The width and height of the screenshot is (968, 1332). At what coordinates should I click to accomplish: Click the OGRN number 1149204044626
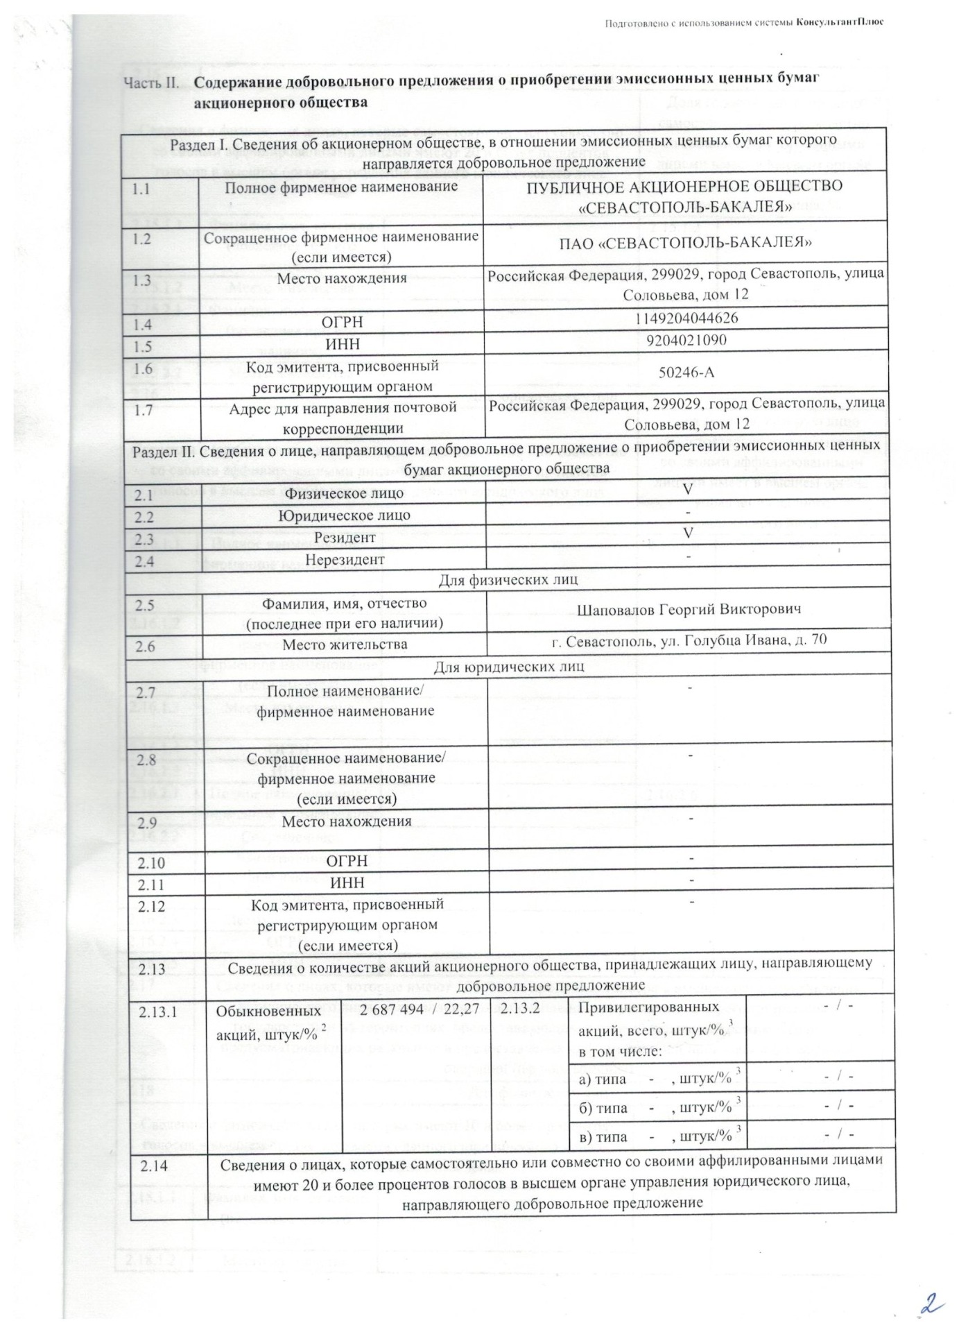pyautogui.click(x=686, y=318)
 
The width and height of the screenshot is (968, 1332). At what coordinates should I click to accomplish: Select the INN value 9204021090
pyautogui.click(x=686, y=340)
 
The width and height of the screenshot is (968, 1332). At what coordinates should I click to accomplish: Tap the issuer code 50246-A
pyautogui.click(x=686, y=373)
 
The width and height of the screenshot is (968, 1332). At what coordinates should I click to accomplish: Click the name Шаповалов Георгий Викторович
pyautogui.click(x=689, y=610)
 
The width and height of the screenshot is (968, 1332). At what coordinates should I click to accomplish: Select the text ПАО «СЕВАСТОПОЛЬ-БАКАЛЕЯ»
pyautogui.click(x=686, y=243)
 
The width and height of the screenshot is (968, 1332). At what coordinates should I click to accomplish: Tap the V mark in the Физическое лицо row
pyautogui.click(x=688, y=488)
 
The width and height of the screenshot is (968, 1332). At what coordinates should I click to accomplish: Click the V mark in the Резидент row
pyautogui.click(x=688, y=533)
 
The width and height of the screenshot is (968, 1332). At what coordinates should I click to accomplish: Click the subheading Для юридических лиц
pyautogui.click(x=508, y=667)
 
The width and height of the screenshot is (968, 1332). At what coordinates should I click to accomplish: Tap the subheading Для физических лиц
pyautogui.click(x=508, y=579)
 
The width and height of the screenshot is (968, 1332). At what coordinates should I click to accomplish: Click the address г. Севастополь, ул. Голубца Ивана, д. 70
pyautogui.click(x=689, y=641)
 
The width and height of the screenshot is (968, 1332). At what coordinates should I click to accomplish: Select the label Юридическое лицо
pyautogui.click(x=344, y=515)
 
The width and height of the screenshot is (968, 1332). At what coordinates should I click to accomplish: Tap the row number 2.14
pyautogui.click(x=154, y=1166)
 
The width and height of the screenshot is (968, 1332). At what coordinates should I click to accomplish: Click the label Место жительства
pyautogui.click(x=344, y=644)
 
